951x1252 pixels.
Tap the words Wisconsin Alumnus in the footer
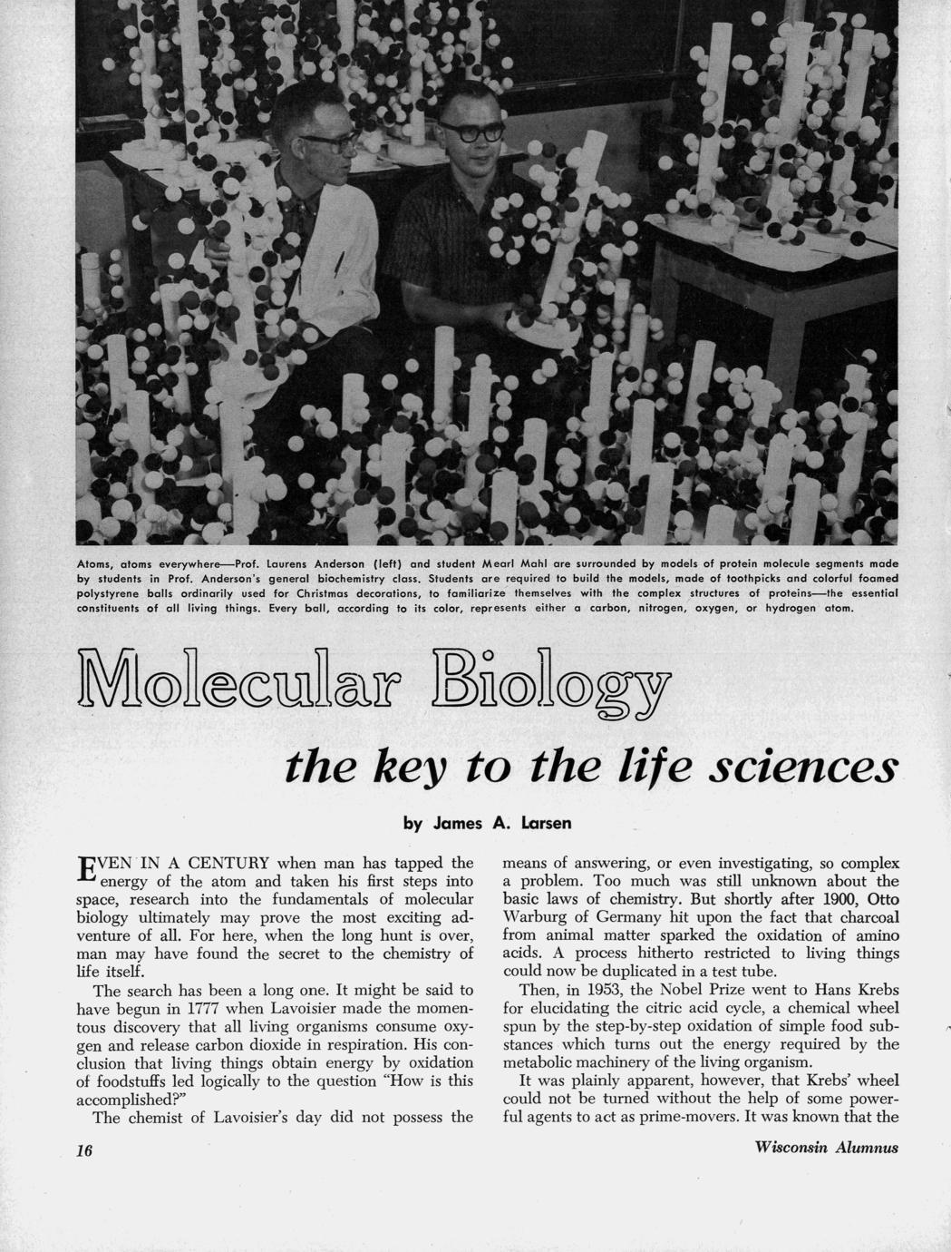coord(826,1148)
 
